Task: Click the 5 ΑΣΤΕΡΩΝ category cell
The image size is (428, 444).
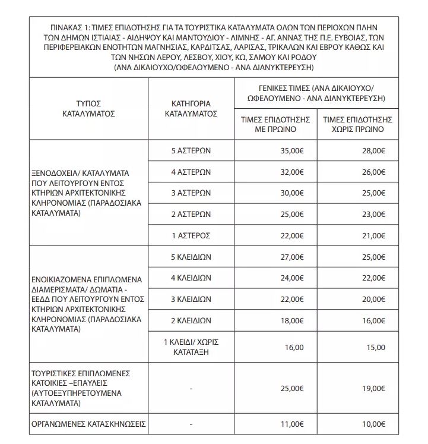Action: (x=191, y=151)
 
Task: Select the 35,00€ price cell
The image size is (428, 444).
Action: (x=291, y=151)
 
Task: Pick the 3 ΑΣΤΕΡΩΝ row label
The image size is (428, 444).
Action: (x=191, y=193)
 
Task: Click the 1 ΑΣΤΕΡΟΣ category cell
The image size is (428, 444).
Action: (x=191, y=235)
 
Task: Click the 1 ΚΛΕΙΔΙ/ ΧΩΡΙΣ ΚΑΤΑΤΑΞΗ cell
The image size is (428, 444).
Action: (x=191, y=347)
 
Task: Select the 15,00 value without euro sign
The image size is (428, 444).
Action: (x=376, y=347)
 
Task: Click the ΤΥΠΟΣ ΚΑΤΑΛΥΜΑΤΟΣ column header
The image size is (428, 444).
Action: (x=88, y=106)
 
